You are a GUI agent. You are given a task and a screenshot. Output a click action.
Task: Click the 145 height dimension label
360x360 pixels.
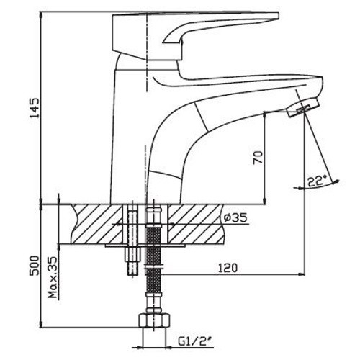pos(34,107)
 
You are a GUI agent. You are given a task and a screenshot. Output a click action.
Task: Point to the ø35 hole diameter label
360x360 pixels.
pos(235,217)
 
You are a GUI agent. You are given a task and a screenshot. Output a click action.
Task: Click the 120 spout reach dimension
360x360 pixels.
pos(228,268)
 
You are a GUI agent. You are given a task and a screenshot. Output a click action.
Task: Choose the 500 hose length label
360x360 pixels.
pos(34,266)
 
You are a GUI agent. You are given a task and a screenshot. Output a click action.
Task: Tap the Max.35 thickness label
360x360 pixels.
pos(53,278)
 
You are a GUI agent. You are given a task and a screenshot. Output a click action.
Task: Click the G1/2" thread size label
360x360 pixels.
pos(196,341)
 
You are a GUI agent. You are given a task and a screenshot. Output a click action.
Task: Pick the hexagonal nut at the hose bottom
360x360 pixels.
pos(155,320)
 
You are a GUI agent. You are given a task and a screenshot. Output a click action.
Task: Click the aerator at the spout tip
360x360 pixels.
pos(303,108)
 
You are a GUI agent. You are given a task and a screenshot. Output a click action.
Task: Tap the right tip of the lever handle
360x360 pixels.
pos(279,15)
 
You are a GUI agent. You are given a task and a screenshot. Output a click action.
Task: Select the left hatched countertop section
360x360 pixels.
pos(97,224)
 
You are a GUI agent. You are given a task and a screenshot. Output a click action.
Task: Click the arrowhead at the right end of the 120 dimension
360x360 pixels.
pos(302,274)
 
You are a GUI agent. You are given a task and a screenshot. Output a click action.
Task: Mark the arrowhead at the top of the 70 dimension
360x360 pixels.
pos(265,115)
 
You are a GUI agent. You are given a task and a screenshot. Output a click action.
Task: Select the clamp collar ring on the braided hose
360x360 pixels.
pos(153,266)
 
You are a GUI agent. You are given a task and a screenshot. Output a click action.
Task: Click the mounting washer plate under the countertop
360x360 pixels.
pos(145,246)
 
